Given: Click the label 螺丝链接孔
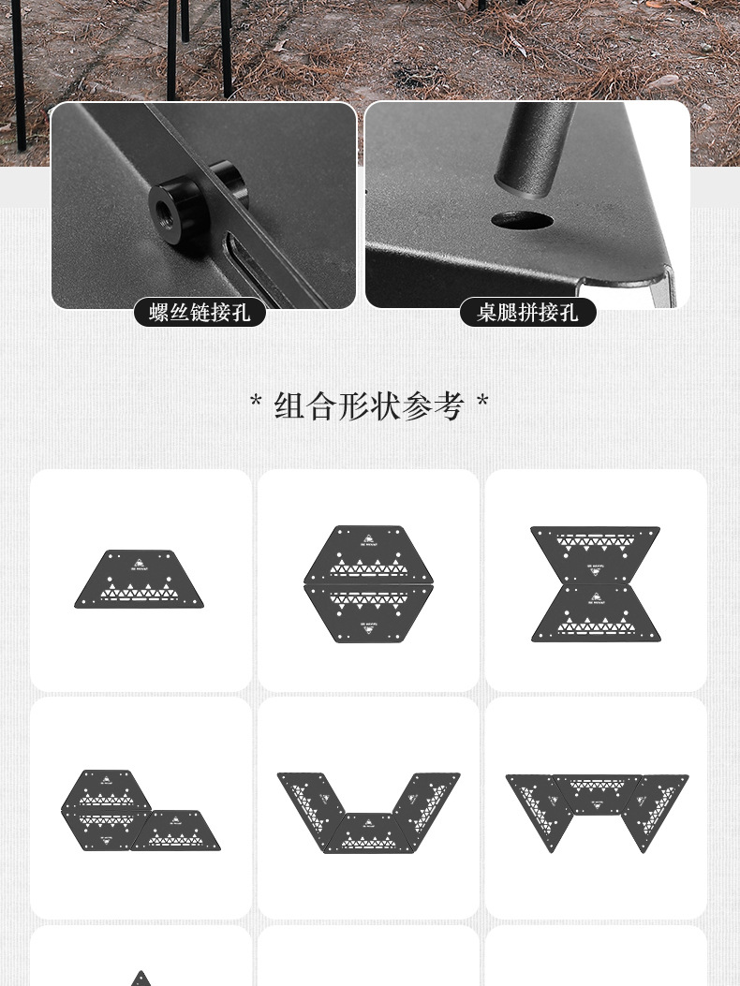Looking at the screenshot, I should pos(200,313).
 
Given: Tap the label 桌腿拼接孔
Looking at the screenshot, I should pos(527,313).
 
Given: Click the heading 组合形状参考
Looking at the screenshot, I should pos(369,406).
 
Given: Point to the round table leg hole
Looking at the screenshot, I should pos(522,222).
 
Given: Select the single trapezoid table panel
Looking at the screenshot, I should pos(141,580).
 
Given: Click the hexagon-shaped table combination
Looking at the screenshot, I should pos(368,583).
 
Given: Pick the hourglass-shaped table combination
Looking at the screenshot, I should pos(596,583).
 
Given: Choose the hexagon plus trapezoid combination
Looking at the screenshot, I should pos(141,811).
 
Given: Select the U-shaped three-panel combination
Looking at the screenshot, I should pos(368,811).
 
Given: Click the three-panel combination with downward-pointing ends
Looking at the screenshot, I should pos(597,807).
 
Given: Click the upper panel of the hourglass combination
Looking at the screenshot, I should pos(596,552).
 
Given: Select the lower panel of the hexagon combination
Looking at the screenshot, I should pos(368,613).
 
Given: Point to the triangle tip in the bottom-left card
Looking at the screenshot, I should pos(141,978).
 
